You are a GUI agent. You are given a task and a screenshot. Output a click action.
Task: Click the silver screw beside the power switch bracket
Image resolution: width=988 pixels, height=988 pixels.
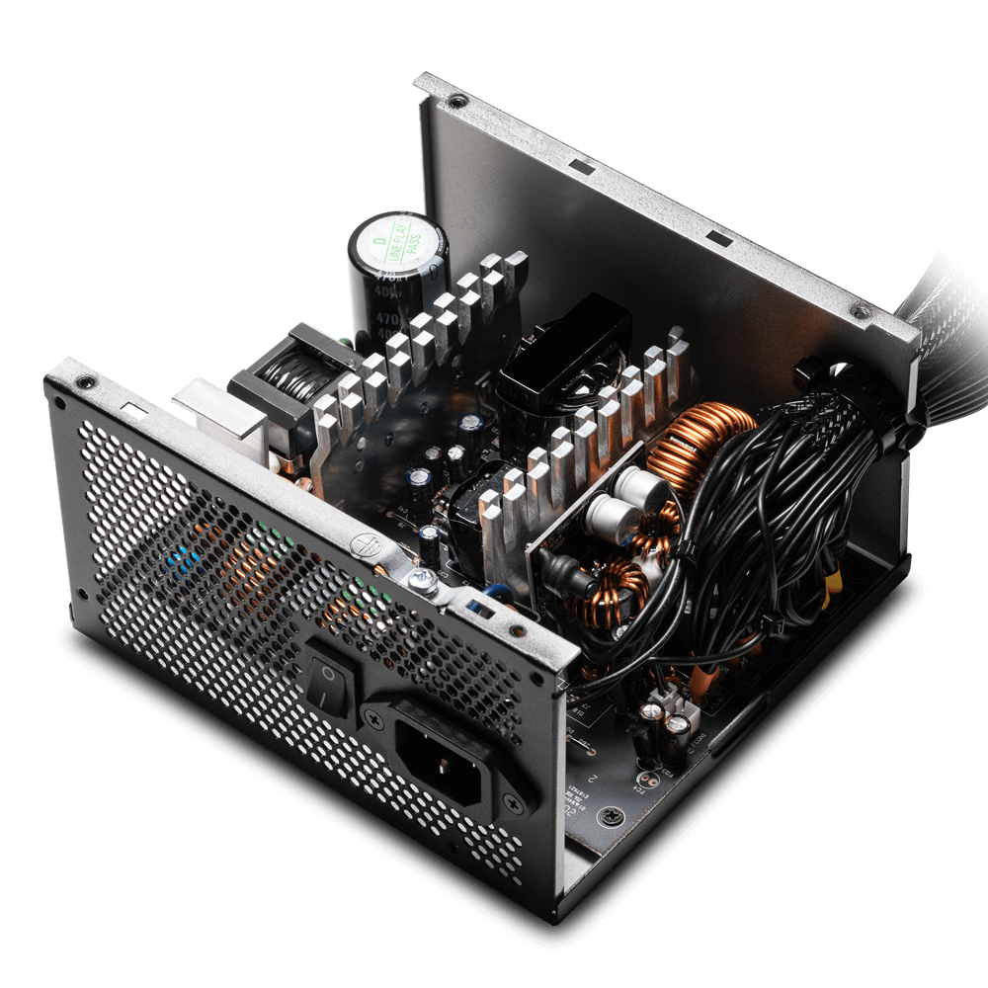pyautogui.click(x=432, y=587)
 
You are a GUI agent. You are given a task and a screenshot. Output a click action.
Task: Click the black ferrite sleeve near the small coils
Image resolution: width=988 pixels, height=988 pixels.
pyautogui.click(x=559, y=571)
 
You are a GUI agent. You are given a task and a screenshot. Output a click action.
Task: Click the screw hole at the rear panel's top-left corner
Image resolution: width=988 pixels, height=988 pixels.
pyautogui.click(x=87, y=379)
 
